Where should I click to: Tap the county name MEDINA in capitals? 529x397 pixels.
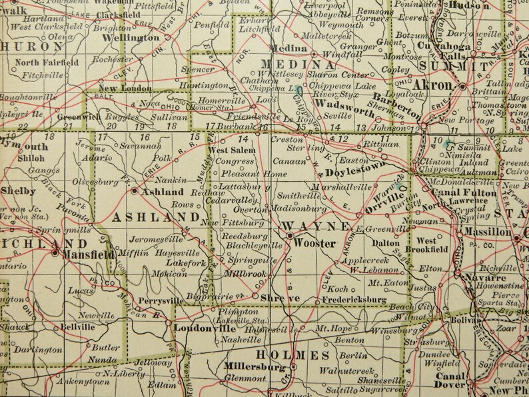(300, 65)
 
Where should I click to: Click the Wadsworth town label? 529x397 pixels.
(340, 105)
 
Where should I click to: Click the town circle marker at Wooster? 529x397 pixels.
(290, 234)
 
